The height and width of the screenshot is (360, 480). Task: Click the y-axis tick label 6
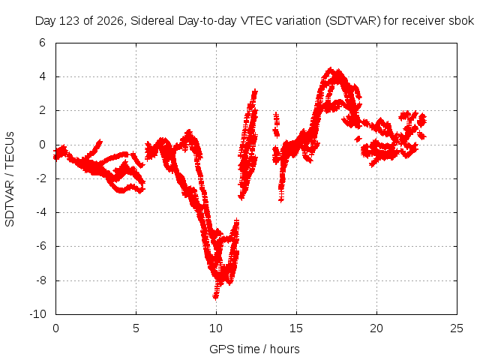coord(42,43)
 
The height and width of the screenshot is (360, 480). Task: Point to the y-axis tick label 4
coord(42,76)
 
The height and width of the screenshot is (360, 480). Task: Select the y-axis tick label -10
coord(38,314)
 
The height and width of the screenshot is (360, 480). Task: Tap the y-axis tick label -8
coord(40,280)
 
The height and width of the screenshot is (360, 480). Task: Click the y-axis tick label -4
coord(40,212)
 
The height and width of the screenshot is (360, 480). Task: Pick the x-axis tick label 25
coord(457,328)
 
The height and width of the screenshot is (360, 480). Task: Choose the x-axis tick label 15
coord(296,328)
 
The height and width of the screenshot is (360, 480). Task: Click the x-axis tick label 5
coord(136,328)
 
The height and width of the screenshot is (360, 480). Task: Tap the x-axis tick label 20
coord(376,328)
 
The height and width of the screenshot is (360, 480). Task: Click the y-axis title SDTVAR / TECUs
coord(10,179)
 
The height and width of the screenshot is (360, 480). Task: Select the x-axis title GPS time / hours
coord(254,349)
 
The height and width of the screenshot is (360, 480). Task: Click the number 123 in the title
coord(70,21)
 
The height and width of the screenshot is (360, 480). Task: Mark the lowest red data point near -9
coord(216,296)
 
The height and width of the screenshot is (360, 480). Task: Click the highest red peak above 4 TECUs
coord(330,70)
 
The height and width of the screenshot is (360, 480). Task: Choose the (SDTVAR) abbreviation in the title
coord(353,21)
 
